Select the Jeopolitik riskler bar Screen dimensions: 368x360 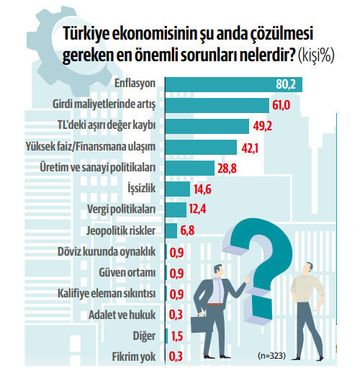171,231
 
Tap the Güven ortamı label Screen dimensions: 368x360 127,273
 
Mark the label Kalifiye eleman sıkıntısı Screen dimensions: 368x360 107,294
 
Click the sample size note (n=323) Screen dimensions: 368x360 272,356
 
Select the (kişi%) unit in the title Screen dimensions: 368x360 314,55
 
